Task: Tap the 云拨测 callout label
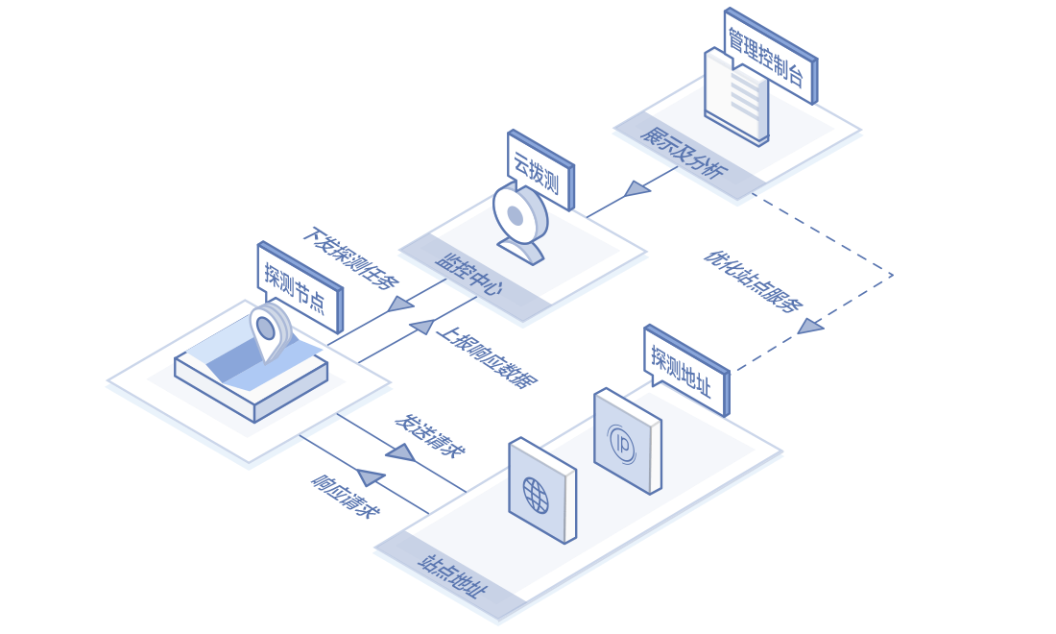pos(537,169)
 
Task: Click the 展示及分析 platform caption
pos(684,153)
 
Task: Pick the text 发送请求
pos(430,435)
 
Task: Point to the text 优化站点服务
pos(754,281)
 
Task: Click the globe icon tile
pos(541,490)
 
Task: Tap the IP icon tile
pos(626,440)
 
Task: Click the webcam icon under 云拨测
pos(519,221)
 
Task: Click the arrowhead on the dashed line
pos(811,327)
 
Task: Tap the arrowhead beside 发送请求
pos(400,451)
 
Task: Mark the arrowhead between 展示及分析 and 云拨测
pos(636,188)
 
